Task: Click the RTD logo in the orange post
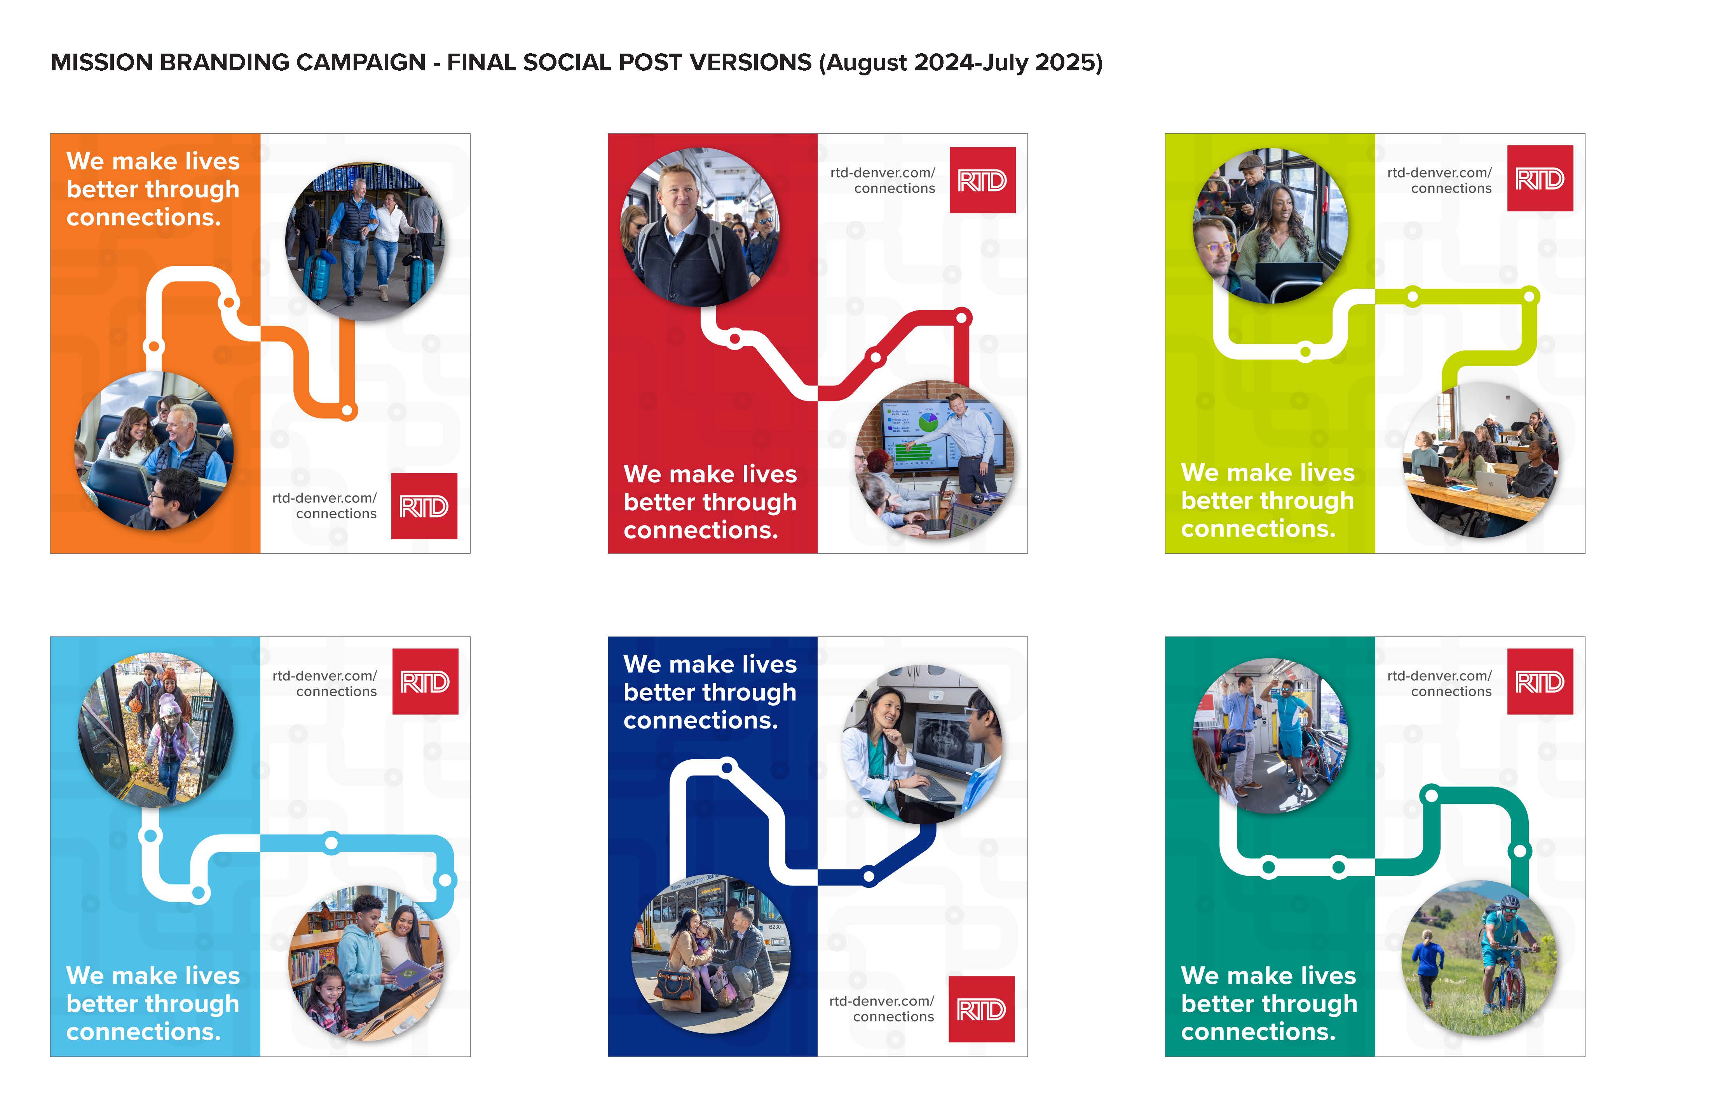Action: point(424,506)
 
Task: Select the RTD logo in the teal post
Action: point(1540,682)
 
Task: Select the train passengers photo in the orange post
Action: point(155,451)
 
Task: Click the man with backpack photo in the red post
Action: point(699,227)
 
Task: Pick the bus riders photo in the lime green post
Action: point(1270,226)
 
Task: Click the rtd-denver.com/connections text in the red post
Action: point(883,180)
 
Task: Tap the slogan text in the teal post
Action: point(1269,1004)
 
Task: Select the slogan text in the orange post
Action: point(153,189)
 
